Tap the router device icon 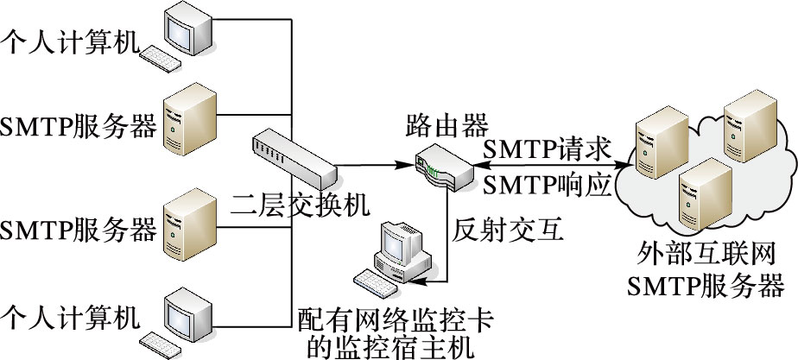point(443,165)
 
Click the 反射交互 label point(508,231)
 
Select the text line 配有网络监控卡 point(395,319)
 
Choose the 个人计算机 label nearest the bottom point(70,318)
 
